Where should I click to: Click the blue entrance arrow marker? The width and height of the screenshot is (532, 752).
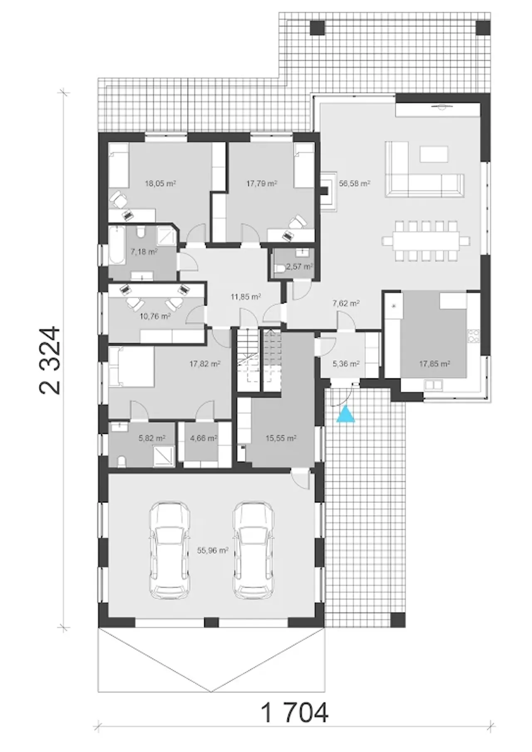pos(346,414)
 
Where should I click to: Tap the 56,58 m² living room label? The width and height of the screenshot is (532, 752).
pos(355,183)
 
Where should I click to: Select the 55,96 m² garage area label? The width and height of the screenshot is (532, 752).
pos(213,550)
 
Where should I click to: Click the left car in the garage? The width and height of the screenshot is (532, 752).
pos(170,551)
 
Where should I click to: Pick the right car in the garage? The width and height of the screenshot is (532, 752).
pos(254,551)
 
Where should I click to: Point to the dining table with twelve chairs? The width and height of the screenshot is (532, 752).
pos(426,241)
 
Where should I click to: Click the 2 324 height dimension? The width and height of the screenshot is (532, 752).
pos(51,360)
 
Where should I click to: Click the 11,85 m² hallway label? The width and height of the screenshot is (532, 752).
pos(246,297)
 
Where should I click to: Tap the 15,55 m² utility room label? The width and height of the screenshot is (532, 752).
pos(281,438)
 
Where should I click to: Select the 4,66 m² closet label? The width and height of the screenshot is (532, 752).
pos(204,438)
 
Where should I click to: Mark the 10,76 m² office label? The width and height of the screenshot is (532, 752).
pos(155,316)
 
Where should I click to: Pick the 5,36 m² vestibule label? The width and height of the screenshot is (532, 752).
pos(346,364)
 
